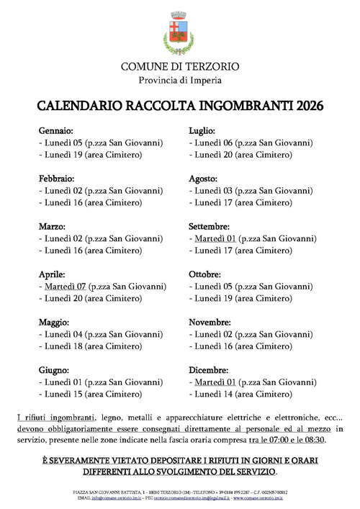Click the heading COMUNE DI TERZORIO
(x=180, y=66)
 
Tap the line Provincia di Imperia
(x=180, y=79)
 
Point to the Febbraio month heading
(x=57, y=178)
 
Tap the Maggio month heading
(x=55, y=322)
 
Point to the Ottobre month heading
(x=204, y=274)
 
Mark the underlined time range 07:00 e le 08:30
(x=300, y=440)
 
